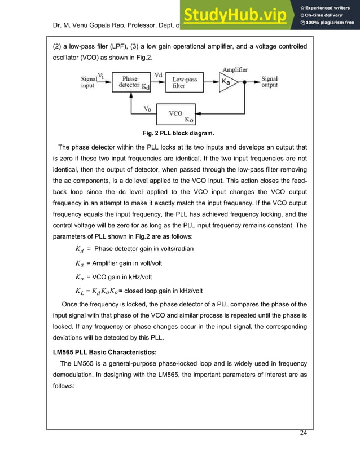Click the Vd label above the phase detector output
(x=159, y=74)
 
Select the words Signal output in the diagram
(x=269, y=82)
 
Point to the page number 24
(x=305, y=433)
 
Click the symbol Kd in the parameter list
(x=80, y=249)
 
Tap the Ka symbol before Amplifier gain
(x=80, y=263)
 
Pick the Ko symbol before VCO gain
(x=80, y=277)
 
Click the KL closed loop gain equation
(x=96, y=291)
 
